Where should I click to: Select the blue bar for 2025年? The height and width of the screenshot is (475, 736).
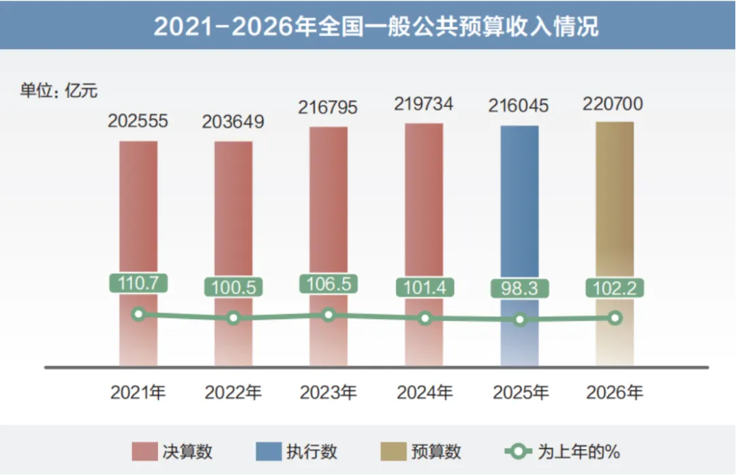(x=519, y=204)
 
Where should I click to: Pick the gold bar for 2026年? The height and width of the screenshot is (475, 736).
(x=615, y=204)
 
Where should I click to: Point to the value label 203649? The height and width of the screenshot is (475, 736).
(x=233, y=122)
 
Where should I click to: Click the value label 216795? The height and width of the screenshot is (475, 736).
(x=328, y=108)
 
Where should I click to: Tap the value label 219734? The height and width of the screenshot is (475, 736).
(x=423, y=104)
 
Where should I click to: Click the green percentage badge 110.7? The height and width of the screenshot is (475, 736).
(x=138, y=283)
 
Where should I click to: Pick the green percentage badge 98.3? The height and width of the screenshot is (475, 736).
(x=519, y=288)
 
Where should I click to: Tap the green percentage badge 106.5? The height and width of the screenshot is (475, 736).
(x=328, y=283)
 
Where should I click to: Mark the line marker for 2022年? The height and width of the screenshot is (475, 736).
(x=234, y=318)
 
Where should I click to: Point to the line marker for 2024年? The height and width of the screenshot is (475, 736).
(x=425, y=318)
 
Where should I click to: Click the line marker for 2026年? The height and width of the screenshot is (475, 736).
(x=615, y=318)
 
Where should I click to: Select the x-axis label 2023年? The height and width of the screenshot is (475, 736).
(x=328, y=393)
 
